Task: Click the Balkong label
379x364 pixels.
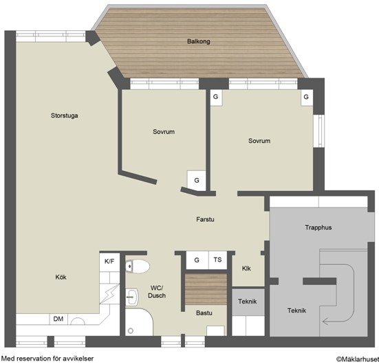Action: [199, 41]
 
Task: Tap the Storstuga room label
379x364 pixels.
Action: [64, 115]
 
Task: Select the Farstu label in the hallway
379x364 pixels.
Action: [205, 219]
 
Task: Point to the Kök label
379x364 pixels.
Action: [61, 277]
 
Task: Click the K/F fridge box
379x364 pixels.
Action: [109, 262]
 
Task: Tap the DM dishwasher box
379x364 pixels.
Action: [58, 319]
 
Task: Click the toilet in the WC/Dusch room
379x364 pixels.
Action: [138, 266]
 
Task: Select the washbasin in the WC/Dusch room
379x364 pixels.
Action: [132, 297]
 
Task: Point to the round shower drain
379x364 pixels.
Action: [131, 330]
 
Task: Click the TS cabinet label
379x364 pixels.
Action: [217, 260]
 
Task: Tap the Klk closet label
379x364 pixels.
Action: [246, 269]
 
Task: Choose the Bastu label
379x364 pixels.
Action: [204, 313]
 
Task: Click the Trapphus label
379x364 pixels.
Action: [318, 227]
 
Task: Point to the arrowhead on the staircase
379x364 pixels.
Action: [325, 321]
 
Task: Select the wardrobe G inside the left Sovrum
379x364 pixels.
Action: [197, 181]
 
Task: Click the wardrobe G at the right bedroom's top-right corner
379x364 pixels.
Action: [307, 98]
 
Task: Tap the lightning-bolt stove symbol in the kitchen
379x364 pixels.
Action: [109, 294]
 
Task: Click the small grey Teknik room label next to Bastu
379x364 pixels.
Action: [247, 302]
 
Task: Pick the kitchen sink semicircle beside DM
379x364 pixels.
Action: [78, 321]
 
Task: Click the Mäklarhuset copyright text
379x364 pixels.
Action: [358, 360]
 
